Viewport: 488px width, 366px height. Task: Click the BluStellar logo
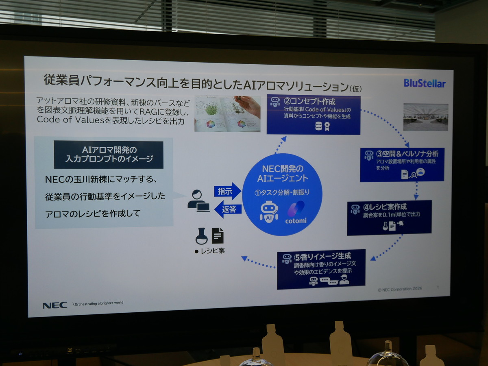coord(425,83)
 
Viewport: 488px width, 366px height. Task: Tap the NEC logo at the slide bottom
coord(55,305)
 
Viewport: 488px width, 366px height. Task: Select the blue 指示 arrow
coord(227,191)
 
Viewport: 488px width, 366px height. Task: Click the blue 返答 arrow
coord(227,209)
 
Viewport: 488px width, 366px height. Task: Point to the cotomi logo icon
coord(296,209)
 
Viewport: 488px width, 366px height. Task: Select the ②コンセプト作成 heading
coord(309,101)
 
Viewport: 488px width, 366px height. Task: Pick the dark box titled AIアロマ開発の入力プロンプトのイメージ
coord(109,155)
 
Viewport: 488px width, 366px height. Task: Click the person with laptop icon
coord(198,201)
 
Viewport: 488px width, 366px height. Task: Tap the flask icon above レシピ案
coord(201,235)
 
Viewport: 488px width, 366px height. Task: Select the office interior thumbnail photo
coord(425,117)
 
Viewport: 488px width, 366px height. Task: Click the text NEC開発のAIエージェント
coord(282,173)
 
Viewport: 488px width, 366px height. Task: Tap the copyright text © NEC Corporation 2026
coord(400,289)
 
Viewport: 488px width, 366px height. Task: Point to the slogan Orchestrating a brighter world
coord(98,303)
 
